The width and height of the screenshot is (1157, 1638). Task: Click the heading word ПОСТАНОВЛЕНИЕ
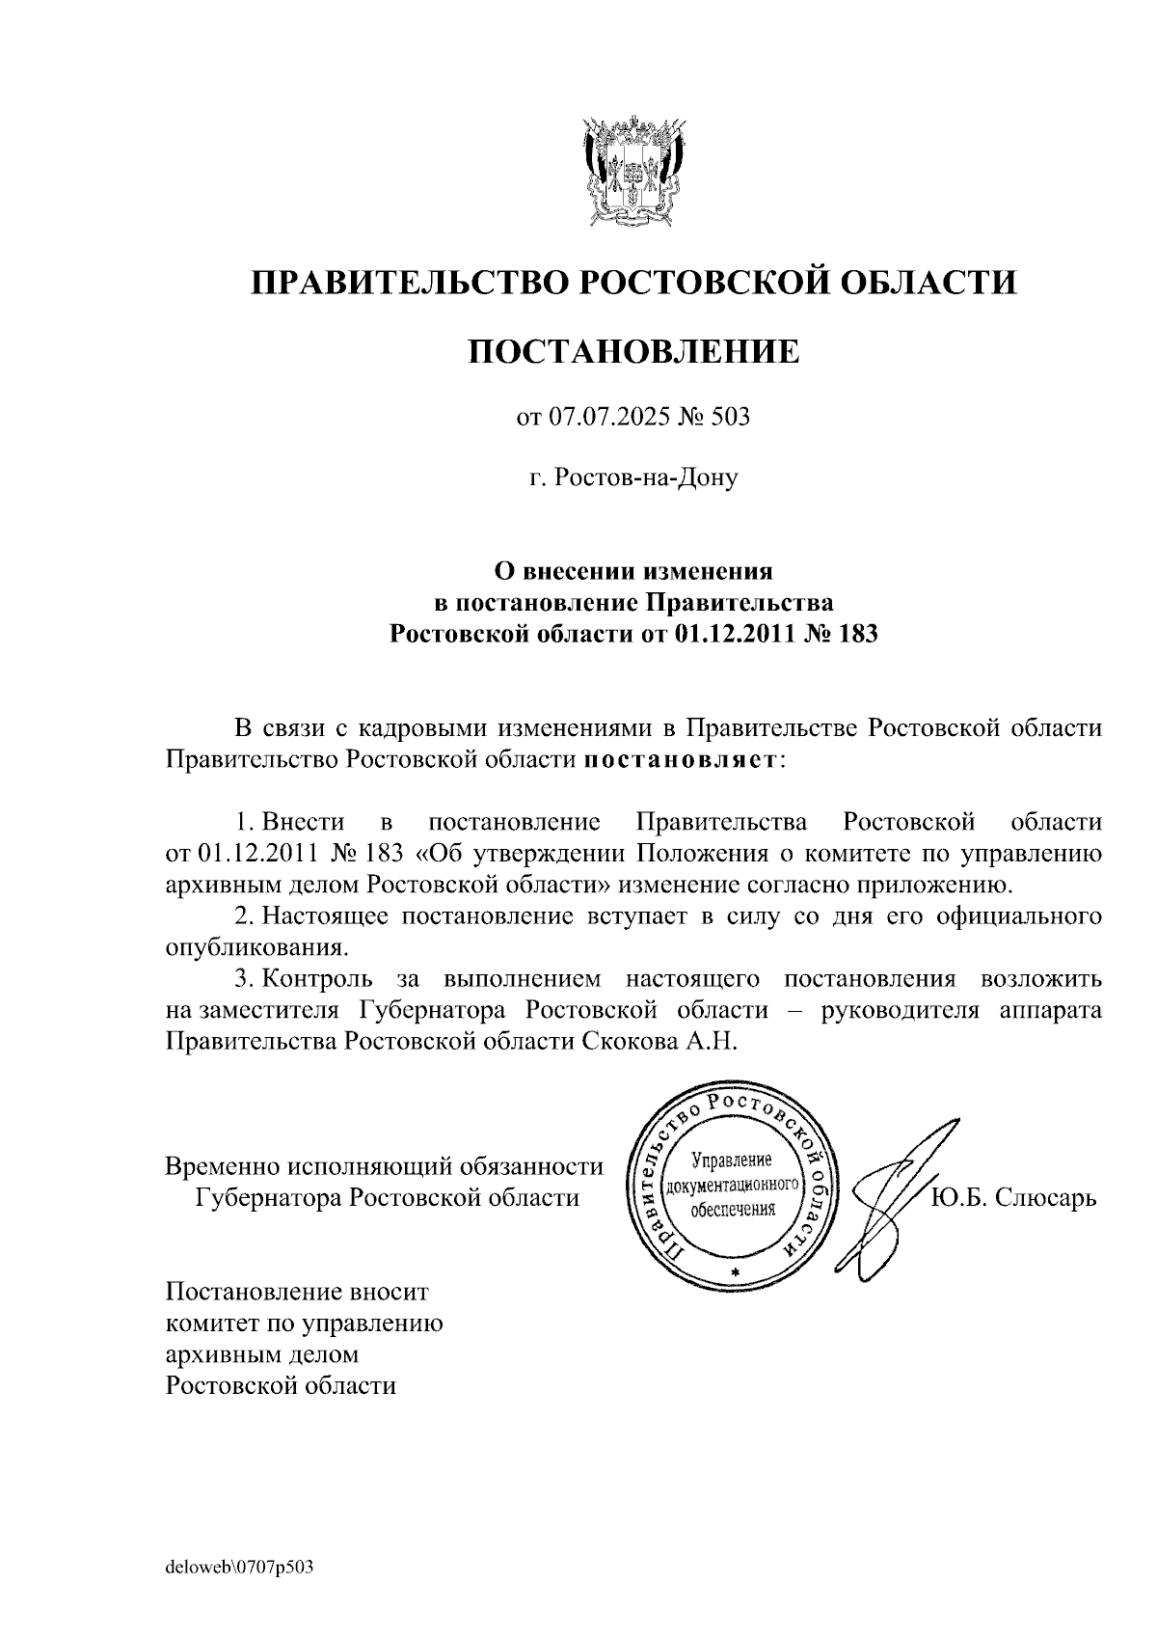pyautogui.click(x=633, y=351)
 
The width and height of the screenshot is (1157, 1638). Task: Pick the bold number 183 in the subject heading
pyautogui.click(x=857, y=634)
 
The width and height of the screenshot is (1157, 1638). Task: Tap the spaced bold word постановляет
pyautogui.click(x=681, y=759)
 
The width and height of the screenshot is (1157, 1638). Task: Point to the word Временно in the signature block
pyautogui.click(x=222, y=1166)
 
